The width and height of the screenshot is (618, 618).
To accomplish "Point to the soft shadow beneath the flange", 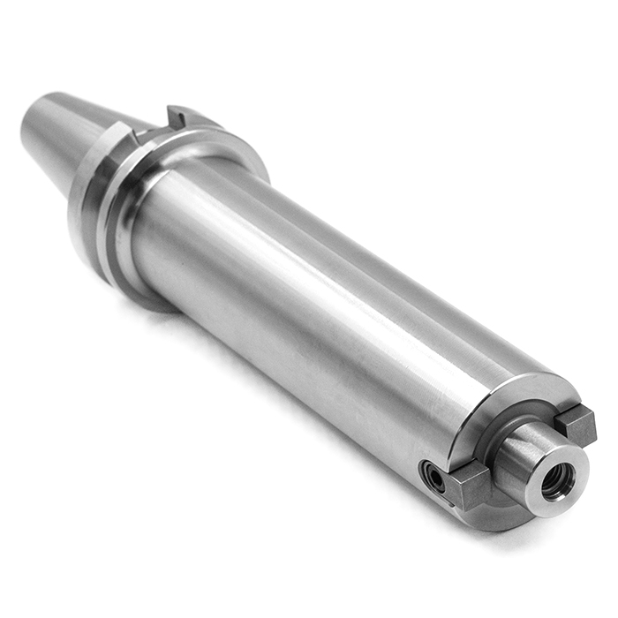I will (x=150, y=305).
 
